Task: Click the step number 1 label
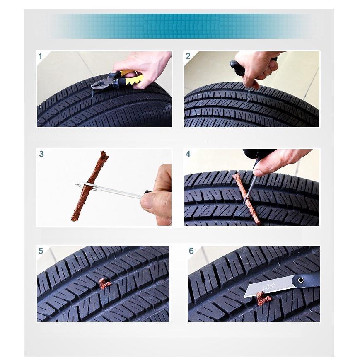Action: [40, 56]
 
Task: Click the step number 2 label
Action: [188, 56]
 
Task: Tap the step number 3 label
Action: [41, 154]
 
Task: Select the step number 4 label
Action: [188, 154]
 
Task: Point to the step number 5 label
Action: [41, 251]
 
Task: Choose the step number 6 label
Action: [191, 251]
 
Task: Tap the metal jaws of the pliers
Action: [98, 84]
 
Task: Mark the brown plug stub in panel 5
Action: [104, 283]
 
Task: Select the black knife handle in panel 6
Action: [306, 280]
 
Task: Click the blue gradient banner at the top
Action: [180, 26]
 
